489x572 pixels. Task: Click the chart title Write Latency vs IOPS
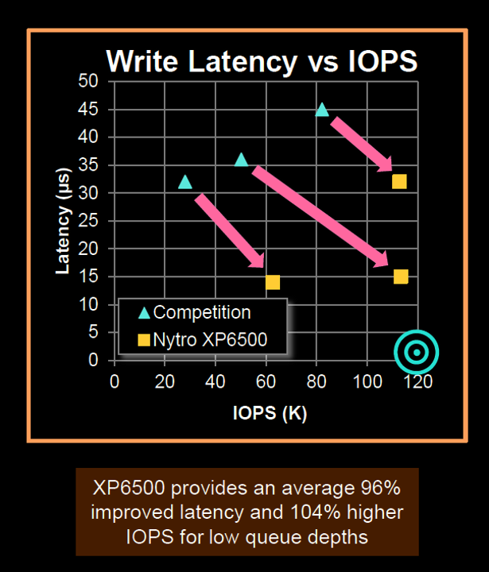[x=262, y=61]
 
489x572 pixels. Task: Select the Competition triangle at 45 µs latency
[x=322, y=109]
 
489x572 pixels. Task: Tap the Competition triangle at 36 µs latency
[x=242, y=160]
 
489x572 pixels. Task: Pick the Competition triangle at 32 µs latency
[x=185, y=182]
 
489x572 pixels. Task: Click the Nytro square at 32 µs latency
[x=399, y=181]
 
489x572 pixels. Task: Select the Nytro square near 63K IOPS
[x=273, y=282]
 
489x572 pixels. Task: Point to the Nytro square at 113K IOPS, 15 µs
[x=401, y=276]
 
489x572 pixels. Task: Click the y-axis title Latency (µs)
[x=64, y=221]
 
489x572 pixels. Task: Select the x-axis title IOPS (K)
[x=270, y=413]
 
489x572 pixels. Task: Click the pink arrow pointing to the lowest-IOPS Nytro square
[x=230, y=231]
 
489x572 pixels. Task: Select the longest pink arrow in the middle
[x=320, y=216]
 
